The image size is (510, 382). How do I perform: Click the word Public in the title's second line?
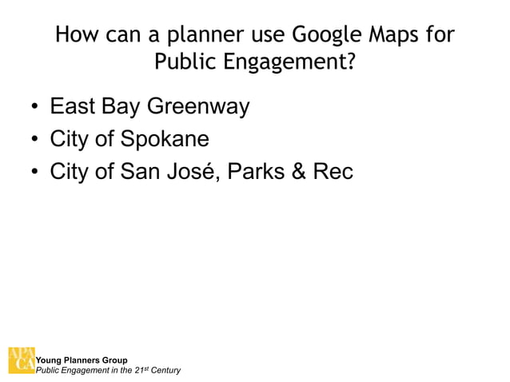click(182, 62)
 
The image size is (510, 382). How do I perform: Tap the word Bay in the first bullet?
click(124, 107)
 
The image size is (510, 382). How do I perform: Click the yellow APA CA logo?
click(21, 360)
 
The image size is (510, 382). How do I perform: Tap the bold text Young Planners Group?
click(82, 360)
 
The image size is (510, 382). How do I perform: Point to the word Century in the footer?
click(165, 370)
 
